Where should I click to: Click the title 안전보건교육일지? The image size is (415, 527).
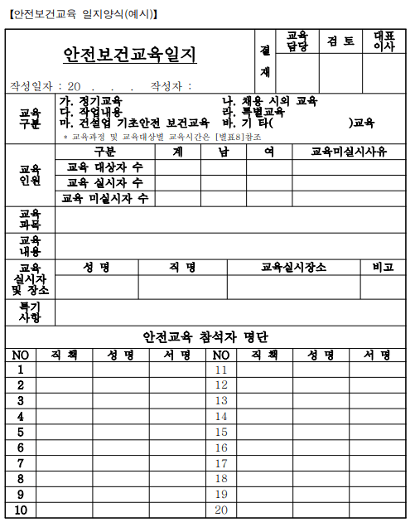pos(130,56)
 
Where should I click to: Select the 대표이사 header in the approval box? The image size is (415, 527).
pos(385,41)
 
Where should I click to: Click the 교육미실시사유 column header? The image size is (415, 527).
pos(348,152)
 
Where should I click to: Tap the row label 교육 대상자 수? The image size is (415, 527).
pos(104,167)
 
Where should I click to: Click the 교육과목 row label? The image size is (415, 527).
pos(31,219)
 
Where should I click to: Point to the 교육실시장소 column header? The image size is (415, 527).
pos(293,268)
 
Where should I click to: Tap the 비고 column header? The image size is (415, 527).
pos(384,268)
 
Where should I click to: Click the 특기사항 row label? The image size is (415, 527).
pos(31,312)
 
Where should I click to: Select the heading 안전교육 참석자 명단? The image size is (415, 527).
pos(206,337)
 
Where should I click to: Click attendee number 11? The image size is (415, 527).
pos(221,370)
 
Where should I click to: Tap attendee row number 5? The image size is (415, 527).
pos(21,433)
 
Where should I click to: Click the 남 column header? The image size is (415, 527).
pos(224,152)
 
